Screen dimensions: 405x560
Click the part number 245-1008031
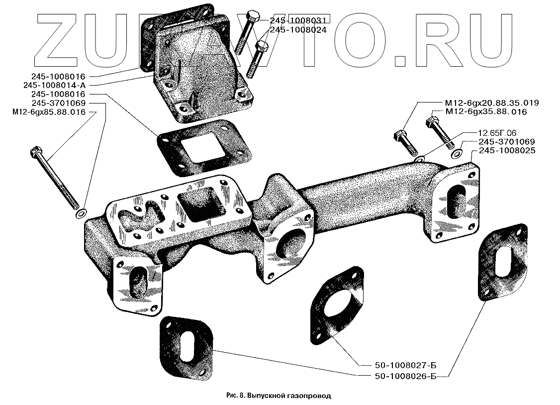pos(297,21)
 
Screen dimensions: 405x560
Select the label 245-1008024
pos(297,30)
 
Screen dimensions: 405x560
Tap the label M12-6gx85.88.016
pos(50,112)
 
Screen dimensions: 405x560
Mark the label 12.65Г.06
pos(497,134)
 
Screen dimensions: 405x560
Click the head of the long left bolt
pos(35,150)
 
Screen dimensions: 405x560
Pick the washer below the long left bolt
pos(80,214)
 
